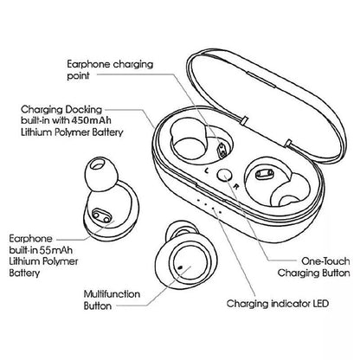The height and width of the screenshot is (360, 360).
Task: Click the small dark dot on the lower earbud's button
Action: (181, 269)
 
